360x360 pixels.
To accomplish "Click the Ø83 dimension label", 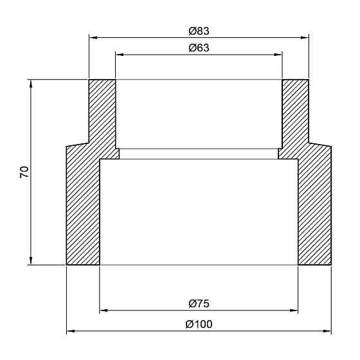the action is coord(199,31).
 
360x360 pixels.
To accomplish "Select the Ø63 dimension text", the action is coord(199,48).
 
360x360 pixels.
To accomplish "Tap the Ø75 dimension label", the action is coord(199,303).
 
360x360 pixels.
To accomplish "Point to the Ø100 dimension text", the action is coord(199,325).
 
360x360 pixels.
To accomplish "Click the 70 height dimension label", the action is coord(24,172).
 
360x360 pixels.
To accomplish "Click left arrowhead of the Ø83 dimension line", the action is coord(93,37).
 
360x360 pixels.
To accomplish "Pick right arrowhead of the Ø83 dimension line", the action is coord(305,37).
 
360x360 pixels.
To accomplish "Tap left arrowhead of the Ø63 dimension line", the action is coord(120,55).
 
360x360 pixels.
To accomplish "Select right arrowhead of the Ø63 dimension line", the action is coord(278,55).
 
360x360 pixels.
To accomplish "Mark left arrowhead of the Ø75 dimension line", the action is coord(104,310).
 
